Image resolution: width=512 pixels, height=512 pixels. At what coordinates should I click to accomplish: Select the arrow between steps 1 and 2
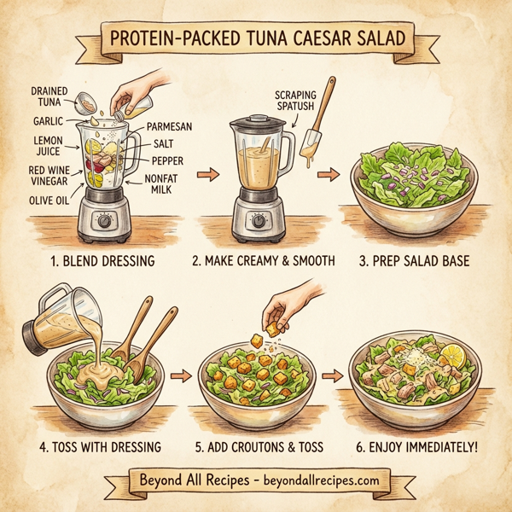coord(204,176)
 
